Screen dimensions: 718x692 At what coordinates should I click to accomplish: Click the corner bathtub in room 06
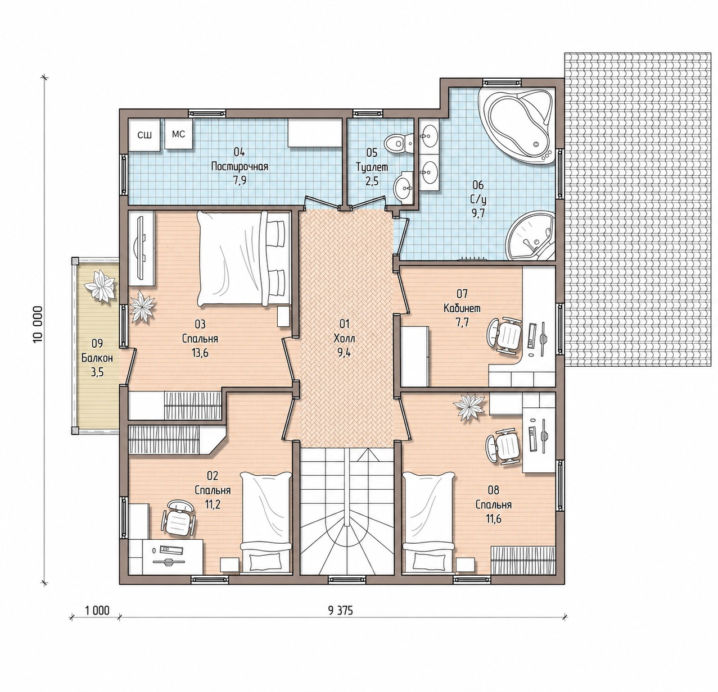click(517, 125)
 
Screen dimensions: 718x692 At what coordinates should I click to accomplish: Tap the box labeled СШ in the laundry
click(144, 135)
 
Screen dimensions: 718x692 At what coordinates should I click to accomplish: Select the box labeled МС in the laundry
click(179, 134)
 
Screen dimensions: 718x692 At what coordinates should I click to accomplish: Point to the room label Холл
click(344, 338)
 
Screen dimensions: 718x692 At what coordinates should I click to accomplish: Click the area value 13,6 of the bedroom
click(200, 353)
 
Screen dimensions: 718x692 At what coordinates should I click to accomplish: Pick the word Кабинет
click(462, 308)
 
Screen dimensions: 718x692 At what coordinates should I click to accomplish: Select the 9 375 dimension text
click(340, 611)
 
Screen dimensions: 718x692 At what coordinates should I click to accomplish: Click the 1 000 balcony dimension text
click(97, 611)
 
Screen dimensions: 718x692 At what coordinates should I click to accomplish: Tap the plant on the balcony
click(100, 286)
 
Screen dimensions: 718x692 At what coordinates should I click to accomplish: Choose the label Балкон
click(97, 358)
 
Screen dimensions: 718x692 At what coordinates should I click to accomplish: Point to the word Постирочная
click(240, 167)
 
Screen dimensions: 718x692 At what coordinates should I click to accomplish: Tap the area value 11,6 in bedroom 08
click(493, 519)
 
